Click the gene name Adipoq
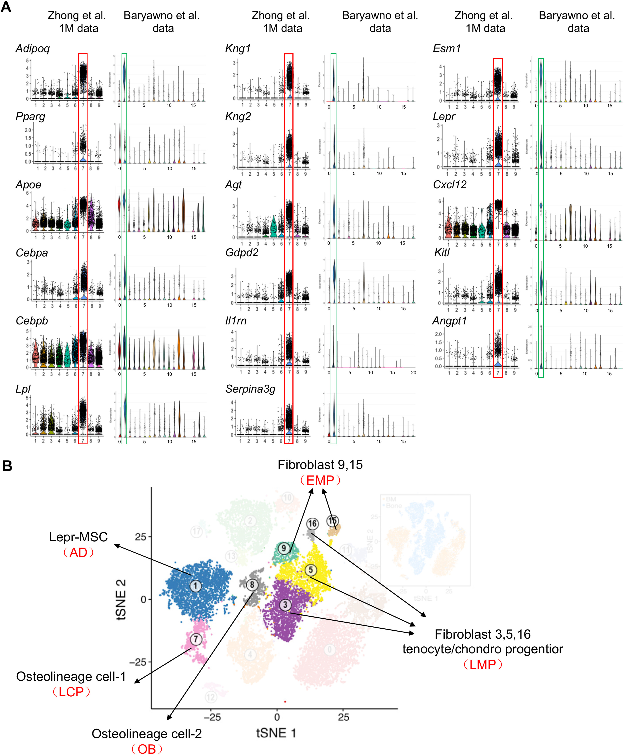[x=32, y=48]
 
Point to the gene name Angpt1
[x=449, y=321]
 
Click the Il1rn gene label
[x=236, y=321]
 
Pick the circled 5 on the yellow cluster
[x=311, y=570]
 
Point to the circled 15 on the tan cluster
[x=332, y=521]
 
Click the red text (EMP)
[x=320, y=480]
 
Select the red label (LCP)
[x=71, y=691]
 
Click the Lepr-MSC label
[x=78, y=537]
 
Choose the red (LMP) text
[x=482, y=664]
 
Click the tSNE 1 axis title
[x=276, y=733]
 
